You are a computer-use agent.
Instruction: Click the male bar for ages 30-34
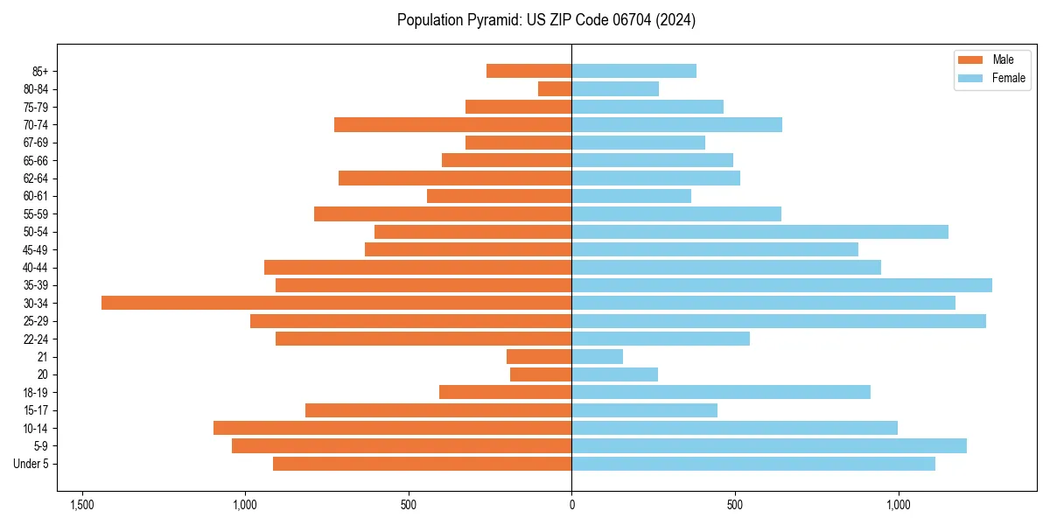click(337, 303)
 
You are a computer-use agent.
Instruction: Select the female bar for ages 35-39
click(781, 285)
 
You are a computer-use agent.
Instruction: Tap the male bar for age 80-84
click(555, 88)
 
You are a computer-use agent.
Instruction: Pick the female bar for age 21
click(598, 356)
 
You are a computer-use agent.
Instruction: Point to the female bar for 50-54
click(759, 232)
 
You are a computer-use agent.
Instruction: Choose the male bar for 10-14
click(393, 428)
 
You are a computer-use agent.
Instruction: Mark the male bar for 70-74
click(453, 124)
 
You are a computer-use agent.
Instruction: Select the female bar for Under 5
click(753, 464)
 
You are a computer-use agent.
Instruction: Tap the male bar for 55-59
click(443, 213)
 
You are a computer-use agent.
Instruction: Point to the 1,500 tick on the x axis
click(82, 505)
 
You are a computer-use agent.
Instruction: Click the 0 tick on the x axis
click(571, 505)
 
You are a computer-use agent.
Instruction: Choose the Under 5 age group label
click(31, 464)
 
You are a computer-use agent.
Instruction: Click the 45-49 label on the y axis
click(36, 249)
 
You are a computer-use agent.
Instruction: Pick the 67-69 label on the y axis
click(36, 143)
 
